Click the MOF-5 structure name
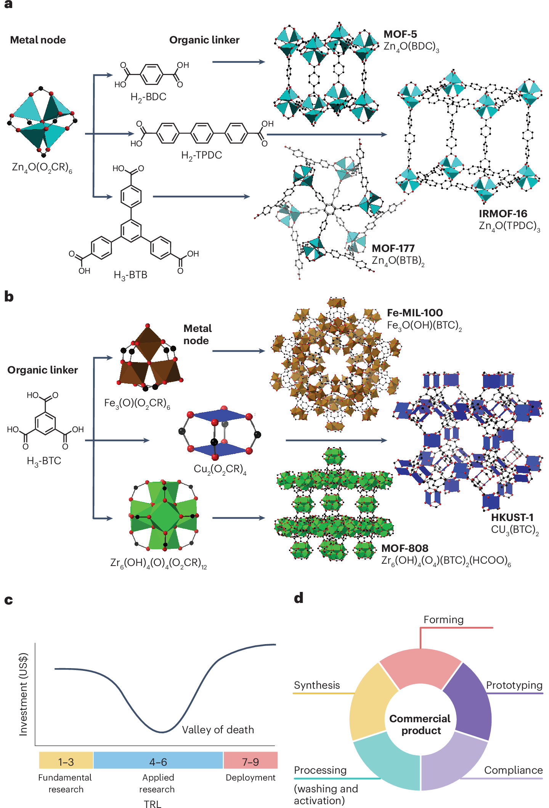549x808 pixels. [x=400, y=34]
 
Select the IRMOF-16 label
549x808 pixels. [x=503, y=213]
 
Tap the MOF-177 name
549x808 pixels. [x=393, y=248]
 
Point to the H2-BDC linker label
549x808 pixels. [x=148, y=97]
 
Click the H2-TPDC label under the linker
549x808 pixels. [x=201, y=156]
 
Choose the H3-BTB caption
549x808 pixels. [x=130, y=275]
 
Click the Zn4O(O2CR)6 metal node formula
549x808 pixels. [x=42, y=167]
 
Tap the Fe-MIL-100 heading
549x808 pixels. [x=415, y=313]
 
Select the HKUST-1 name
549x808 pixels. [x=512, y=517]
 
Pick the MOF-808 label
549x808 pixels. [x=405, y=548]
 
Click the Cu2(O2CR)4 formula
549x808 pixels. [x=220, y=469]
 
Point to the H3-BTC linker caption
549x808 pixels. [x=44, y=461]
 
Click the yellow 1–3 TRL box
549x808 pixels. [x=66, y=762]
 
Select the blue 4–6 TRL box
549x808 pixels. [x=158, y=762]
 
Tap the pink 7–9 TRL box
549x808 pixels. [x=250, y=762]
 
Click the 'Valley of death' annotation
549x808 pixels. [x=218, y=729]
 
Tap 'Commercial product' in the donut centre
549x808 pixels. [x=420, y=725]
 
